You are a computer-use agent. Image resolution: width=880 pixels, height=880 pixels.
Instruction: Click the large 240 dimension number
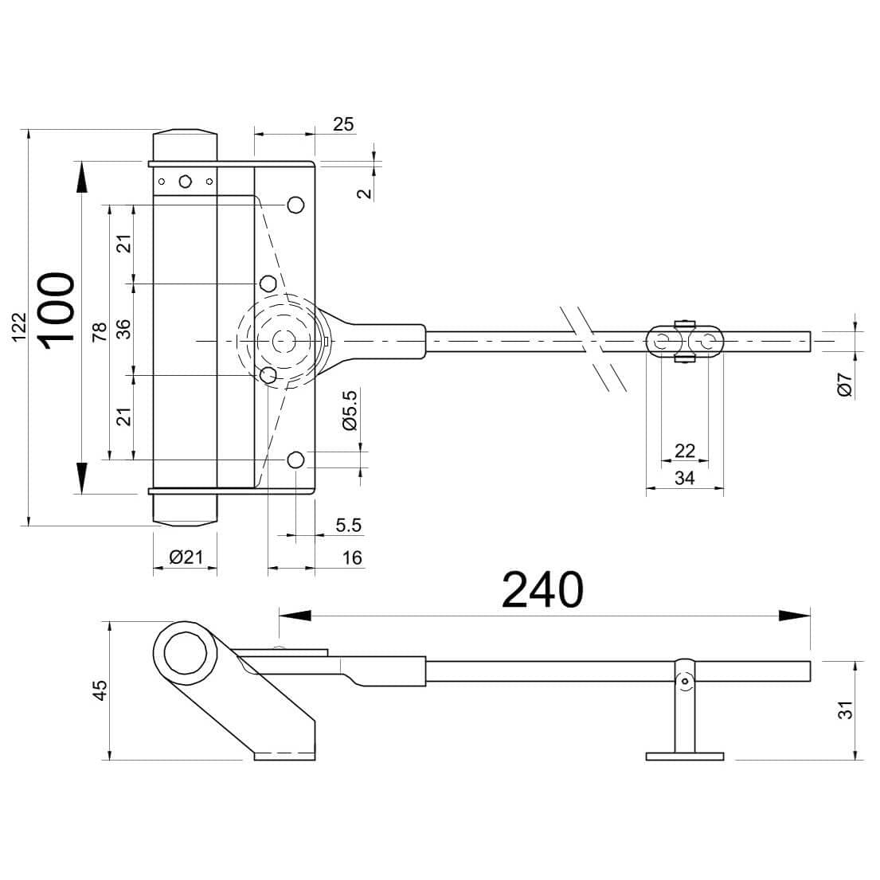(542, 590)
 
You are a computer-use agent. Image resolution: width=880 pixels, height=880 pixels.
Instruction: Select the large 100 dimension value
(57, 311)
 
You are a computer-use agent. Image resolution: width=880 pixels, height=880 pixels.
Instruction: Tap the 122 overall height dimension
(19, 327)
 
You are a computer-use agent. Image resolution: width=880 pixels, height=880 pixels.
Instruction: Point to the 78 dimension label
(100, 332)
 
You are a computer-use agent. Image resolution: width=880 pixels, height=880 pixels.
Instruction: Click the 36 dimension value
(123, 329)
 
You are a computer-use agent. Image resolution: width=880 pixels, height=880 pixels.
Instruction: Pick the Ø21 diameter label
(186, 557)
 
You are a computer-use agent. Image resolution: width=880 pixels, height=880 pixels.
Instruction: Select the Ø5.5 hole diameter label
(349, 410)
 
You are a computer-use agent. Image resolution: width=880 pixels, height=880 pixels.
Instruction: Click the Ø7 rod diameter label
(845, 385)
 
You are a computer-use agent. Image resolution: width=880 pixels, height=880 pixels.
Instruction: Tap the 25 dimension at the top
(343, 124)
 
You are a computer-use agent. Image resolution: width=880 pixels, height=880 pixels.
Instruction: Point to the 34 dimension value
(685, 478)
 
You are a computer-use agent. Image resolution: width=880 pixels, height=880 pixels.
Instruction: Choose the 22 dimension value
(685, 451)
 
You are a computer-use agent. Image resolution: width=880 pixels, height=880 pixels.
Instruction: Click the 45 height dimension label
(100, 690)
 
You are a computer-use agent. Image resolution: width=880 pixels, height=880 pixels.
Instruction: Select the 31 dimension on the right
(845, 710)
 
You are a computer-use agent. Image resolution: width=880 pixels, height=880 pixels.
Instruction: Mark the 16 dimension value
(352, 557)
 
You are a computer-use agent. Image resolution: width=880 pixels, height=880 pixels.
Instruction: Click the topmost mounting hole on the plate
(295, 205)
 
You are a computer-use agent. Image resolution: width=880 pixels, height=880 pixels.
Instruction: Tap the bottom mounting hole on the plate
(295, 460)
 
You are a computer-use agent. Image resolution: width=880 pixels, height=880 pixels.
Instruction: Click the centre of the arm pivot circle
(282, 341)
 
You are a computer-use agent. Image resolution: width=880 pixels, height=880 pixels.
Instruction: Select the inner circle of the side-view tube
(186, 653)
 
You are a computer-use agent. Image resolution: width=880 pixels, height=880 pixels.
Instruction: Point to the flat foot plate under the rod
(685, 757)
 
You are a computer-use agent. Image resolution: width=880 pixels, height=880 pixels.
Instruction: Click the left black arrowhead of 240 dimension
(295, 616)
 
